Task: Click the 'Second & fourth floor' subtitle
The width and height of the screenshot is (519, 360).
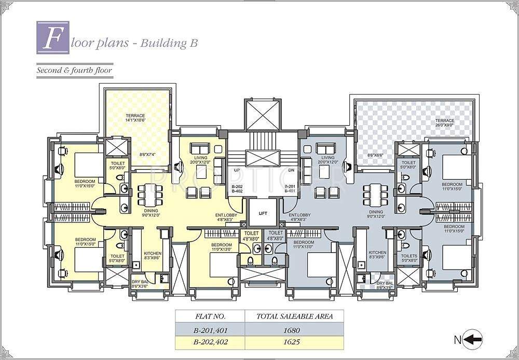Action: tap(74, 70)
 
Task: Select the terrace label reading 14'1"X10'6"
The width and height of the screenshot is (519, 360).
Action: tap(135, 118)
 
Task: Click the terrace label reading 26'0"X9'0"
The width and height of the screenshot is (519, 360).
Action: tap(445, 123)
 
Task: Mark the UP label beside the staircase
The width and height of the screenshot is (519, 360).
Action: tap(237, 170)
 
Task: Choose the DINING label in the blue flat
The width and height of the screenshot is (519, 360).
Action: tap(376, 212)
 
